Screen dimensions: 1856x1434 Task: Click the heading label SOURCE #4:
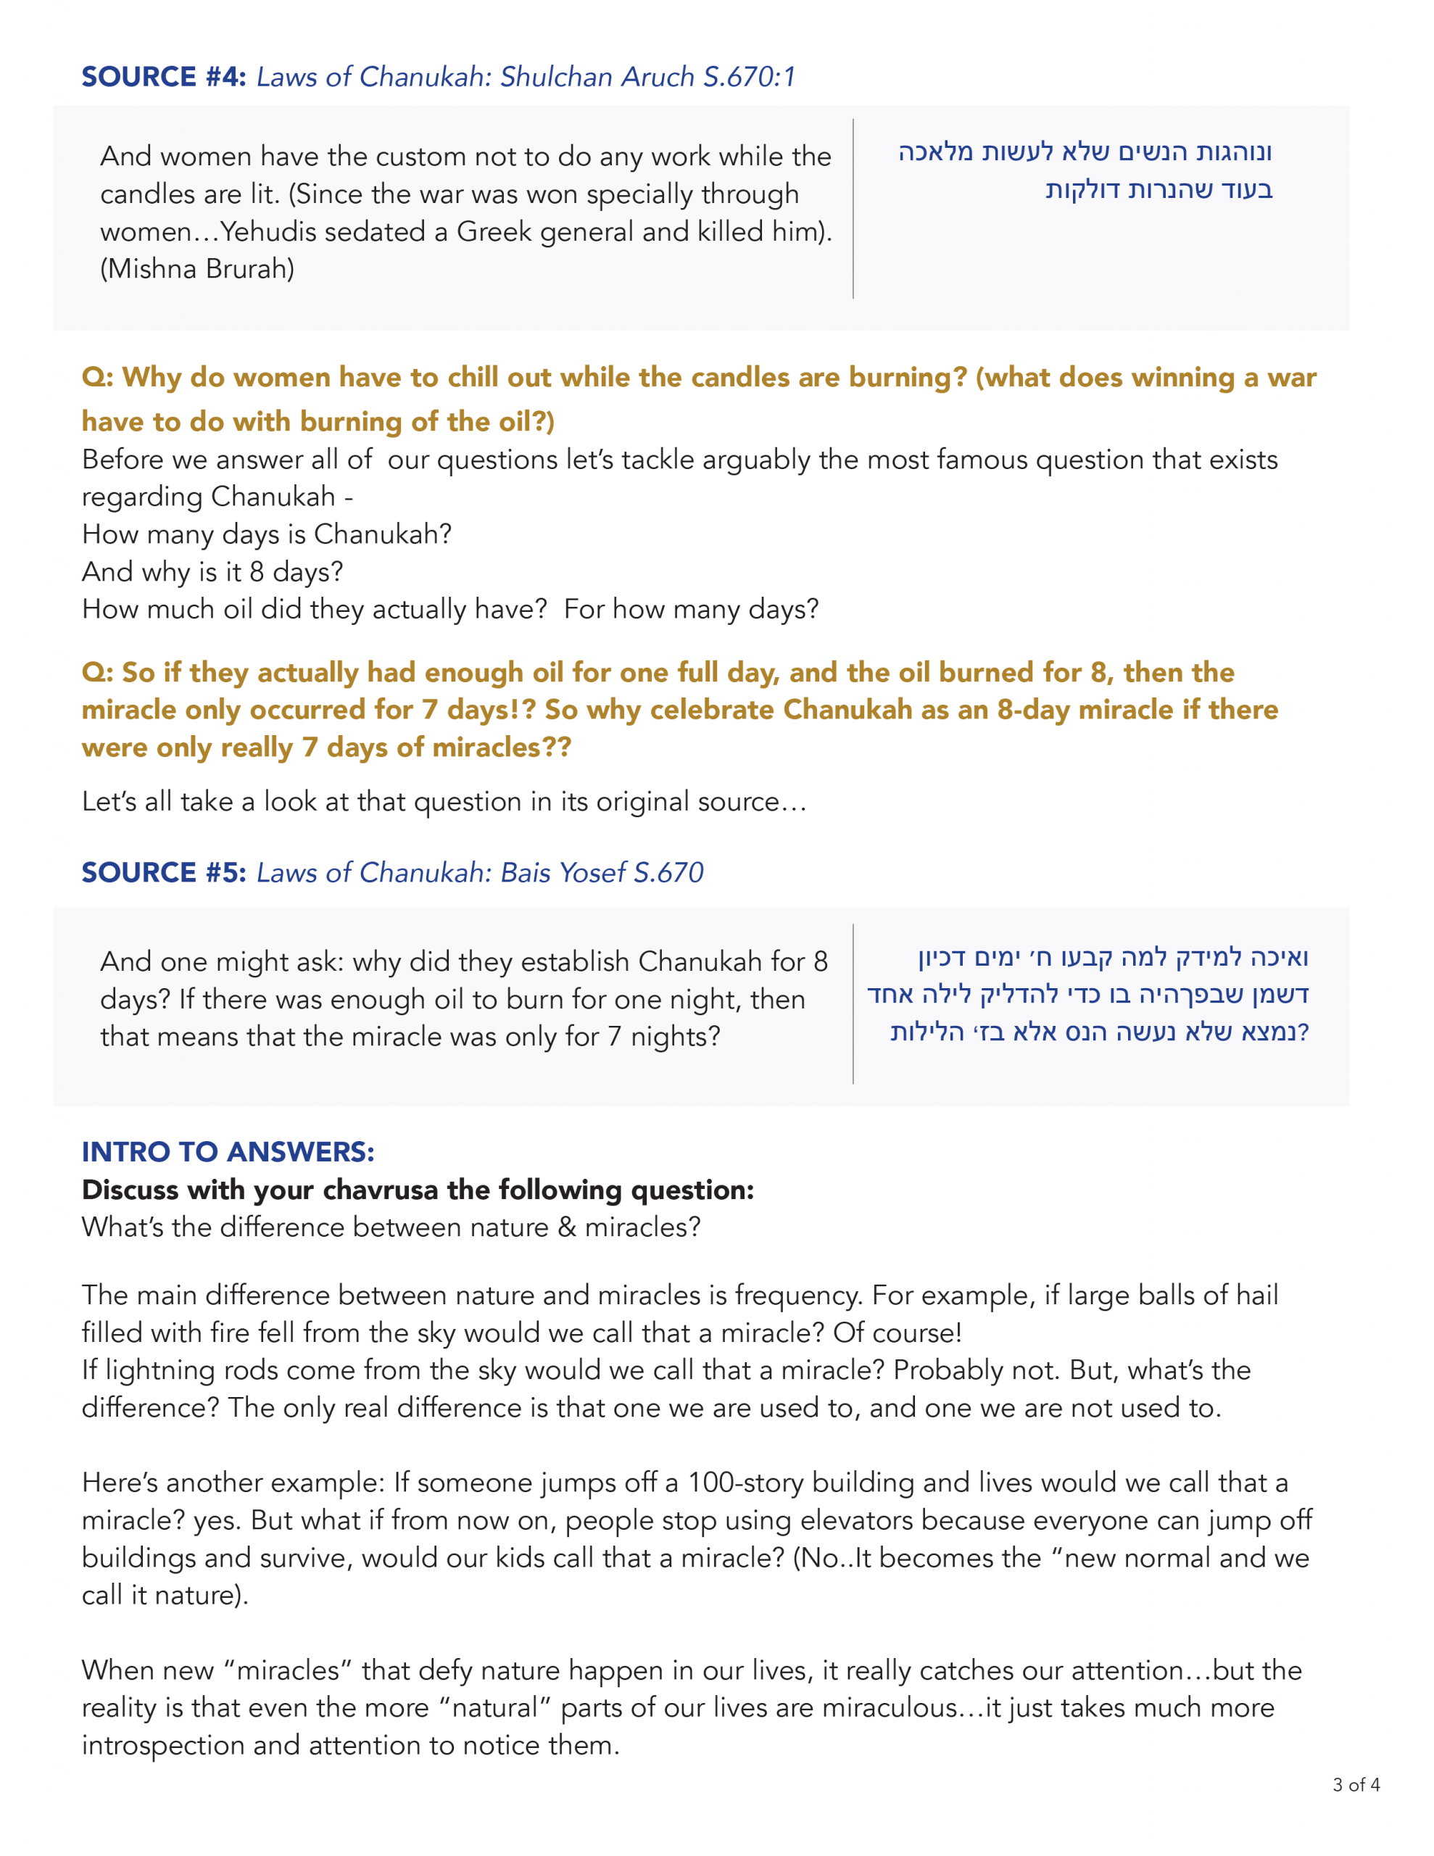coord(163,76)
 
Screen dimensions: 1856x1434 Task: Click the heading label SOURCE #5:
coord(163,872)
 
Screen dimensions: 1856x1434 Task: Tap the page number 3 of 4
coord(1356,1785)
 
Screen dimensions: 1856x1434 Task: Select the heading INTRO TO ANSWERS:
coord(228,1151)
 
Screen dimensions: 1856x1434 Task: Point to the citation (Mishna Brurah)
coord(197,268)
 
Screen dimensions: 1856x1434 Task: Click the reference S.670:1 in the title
coord(749,76)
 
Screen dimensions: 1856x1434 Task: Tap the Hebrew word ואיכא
coord(1280,957)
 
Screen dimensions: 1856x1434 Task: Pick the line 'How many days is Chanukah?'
coord(267,534)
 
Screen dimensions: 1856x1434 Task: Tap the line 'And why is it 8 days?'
coord(212,571)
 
